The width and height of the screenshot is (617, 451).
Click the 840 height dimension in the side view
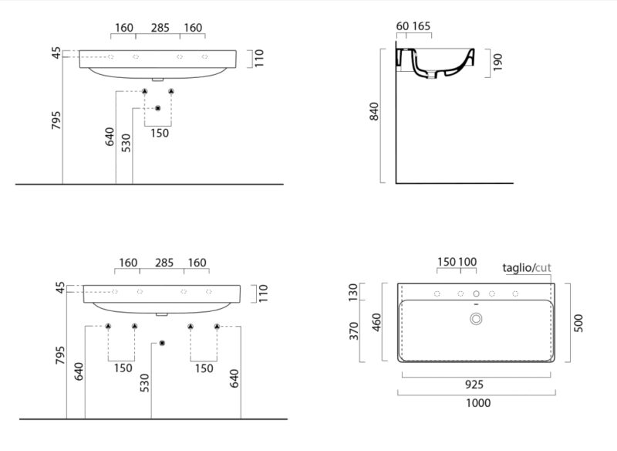point(374,111)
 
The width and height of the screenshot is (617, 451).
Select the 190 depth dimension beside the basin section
point(497,63)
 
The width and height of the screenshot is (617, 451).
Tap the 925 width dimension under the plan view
point(474,385)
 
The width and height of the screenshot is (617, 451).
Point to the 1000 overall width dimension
point(478,403)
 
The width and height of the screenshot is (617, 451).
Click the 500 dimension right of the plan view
point(578,323)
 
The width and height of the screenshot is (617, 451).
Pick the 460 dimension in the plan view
point(376,322)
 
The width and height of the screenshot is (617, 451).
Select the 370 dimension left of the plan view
point(354,331)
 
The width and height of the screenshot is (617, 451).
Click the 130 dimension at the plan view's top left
point(353,291)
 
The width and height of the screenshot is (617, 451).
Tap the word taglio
point(517,268)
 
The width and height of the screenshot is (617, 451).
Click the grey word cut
point(543,268)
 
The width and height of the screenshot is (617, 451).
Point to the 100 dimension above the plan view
point(467,262)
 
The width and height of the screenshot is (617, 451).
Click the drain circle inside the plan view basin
point(476,319)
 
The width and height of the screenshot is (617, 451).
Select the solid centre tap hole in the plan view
point(476,293)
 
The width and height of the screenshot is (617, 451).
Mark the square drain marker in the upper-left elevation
point(158,108)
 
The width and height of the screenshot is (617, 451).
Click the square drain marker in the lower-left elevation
point(162,343)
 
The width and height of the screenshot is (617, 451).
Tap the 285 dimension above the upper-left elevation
point(160,28)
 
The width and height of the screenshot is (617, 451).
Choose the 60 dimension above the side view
point(402,26)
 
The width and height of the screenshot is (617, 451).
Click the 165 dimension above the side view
point(421,26)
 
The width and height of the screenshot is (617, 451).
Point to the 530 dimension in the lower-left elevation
point(144,383)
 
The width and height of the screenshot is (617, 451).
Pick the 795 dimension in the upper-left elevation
point(56,120)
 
